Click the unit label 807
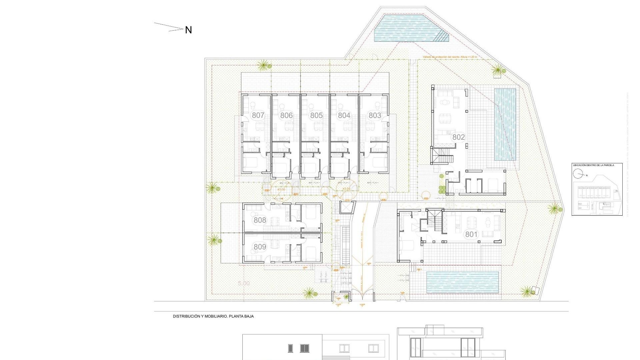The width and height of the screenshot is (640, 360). [258, 115]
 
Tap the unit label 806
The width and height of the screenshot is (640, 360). [286, 115]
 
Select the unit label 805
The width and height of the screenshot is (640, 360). [316, 115]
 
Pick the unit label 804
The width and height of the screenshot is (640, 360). [344, 115]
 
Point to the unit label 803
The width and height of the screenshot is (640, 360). [375, 115]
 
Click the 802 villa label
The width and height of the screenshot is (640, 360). [458, 137]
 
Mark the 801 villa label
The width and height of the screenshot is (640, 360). [471, 234]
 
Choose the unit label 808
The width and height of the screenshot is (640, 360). [260, 220]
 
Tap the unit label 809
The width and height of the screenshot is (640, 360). [260, 247]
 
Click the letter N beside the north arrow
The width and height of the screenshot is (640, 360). [188, 30]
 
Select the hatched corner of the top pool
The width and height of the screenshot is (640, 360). [443, 35]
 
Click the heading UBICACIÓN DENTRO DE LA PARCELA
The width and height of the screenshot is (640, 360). [593, 165]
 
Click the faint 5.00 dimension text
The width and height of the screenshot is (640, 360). [244, 283]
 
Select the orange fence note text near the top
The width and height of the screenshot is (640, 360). [450, 57]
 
